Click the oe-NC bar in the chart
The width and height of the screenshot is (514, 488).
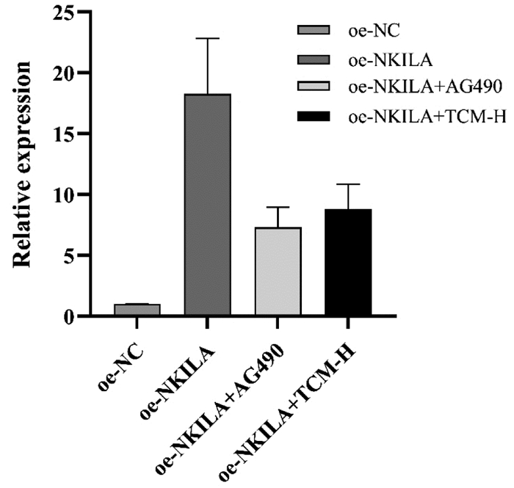pyautogui.click(x=137, y=310)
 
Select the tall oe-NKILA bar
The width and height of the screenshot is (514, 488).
pyautogui.click(x=208, y=205)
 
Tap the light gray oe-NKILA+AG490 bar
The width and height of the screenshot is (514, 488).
pyautogui.click(x=278, y=272)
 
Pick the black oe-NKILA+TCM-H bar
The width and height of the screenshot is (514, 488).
pyautogui.click(x=348, y=262)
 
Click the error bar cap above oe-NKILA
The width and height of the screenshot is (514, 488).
pyautogui.click(x=208, y=39)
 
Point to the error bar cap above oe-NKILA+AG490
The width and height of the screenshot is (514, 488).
pyautogui.click(x=278, y=208)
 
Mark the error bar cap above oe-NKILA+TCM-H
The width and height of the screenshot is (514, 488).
pyautogui.click(x=348, y=184)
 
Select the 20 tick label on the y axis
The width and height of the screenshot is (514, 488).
pyautogui.click(x=63, y=73)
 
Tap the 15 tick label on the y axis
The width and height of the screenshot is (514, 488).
pyautogui.click(x=63, y=134)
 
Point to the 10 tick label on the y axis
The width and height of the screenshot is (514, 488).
pyautogui.click(x=63, y=195)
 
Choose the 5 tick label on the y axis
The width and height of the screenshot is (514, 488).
pyautogui.click(x=68, y=255)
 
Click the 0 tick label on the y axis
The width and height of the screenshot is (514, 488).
pyautogui.click(x=68, y=316)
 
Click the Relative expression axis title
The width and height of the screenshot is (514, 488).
pyautogui.click(x=21, y=164)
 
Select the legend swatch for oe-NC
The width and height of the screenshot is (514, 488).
pyautogui.click(x=313, y=30)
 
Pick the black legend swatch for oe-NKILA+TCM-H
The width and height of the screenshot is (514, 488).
pyautogui.click(x=313, y=116)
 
